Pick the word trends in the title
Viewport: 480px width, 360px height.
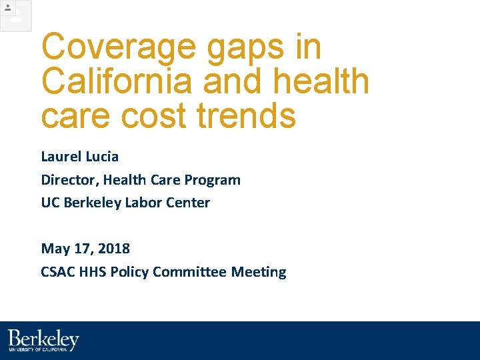pyautogui.click(x=246, y=115)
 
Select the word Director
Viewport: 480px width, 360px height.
pyautogui.click(x=69, y=180)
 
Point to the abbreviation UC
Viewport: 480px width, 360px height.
pyautogui.click(x=51, y=203)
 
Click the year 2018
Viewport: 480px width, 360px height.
pyautogui.click(x=114, y=249)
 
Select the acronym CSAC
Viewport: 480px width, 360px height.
pyautogui.click(x=57, y=272)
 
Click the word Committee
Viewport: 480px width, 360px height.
pyautogui.click(x=190, y=272)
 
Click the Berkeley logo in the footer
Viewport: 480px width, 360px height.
pyautogui.click(x=43, y=341)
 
